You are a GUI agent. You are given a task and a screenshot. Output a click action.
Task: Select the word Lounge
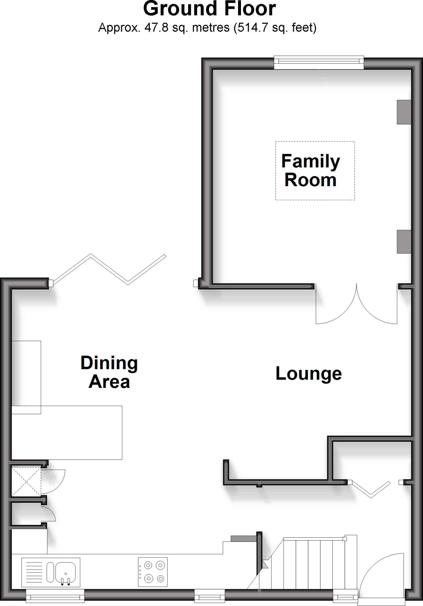click(308, 373)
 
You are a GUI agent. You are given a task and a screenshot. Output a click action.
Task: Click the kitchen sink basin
click(65, 572)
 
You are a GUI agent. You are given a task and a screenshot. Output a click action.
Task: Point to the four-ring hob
click(153, 572)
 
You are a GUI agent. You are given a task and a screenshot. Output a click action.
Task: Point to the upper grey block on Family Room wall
click(404, 112)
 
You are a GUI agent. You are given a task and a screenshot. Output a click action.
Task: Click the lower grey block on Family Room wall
click(404, 241)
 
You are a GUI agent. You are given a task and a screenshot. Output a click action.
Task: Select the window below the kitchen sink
click(55, 595)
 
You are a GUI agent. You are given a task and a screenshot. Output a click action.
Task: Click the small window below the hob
click(210, 595)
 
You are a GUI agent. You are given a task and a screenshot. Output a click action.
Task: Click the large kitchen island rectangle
click(67, 432)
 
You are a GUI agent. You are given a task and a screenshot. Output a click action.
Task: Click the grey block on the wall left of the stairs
click(243, 538)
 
